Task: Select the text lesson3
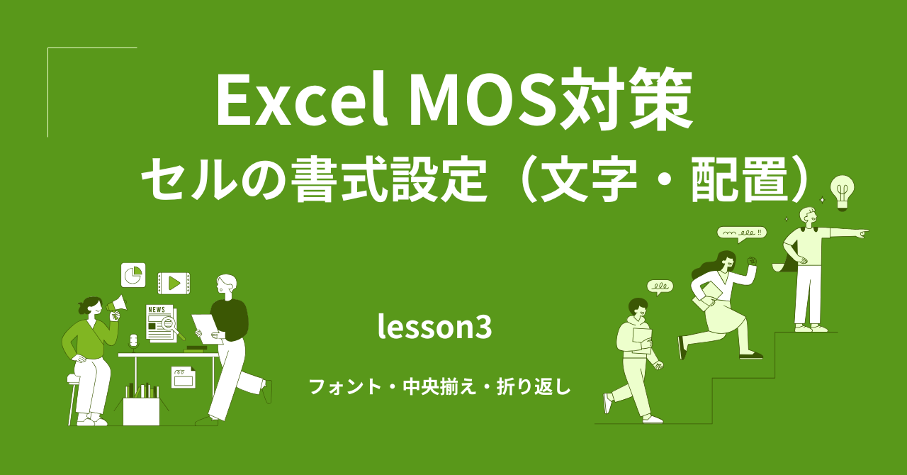(x=434, y=328)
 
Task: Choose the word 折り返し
(x=536, y=388)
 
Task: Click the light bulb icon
(x=843, y=191)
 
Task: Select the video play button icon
(x=174, y=284)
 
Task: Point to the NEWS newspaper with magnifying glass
(x=162, y=323)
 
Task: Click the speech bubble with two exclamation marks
(x=741, y=233)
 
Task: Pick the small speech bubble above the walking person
(x=660, y=287)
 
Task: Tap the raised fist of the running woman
(x=752, y=260)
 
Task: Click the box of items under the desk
(x=141, y=408)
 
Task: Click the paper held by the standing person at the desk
(x=206, y=328)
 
